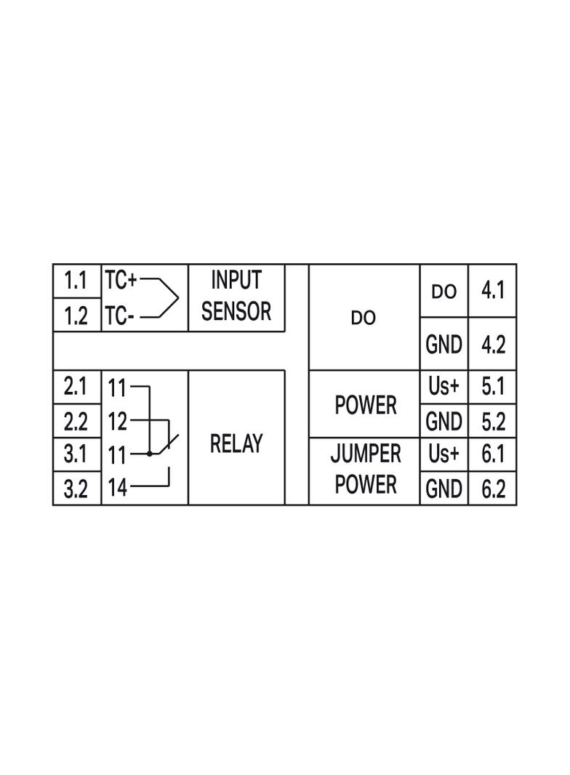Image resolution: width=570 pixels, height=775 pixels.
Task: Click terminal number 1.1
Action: pos(75,281)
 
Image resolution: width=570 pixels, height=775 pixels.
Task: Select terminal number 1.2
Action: pos(76,316)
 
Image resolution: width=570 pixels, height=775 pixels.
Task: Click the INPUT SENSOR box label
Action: pos(236,296)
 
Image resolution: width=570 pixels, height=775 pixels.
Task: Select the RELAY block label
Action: pos(236,443)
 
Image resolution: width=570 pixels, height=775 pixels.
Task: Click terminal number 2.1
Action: pos(75,386)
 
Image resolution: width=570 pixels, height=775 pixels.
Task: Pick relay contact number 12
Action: pos(118,421)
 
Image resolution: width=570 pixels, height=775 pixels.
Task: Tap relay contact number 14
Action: pos(118,487)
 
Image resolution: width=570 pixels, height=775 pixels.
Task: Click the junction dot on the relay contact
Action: pos(149,453)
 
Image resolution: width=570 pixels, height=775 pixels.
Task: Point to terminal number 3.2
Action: pos(76,489)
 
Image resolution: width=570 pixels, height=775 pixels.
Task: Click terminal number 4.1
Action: pos(493,290)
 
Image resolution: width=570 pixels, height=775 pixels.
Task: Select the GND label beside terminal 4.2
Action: pos(444,345)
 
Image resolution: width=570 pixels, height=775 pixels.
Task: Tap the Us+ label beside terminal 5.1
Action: pos(444,386)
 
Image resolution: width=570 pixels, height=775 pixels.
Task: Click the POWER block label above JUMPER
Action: pos(366,405)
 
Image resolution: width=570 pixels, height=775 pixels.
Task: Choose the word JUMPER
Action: pos(366,453)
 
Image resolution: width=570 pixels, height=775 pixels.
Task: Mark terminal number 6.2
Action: pos(494,489)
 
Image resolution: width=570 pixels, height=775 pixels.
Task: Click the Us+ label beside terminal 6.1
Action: pos(444,453)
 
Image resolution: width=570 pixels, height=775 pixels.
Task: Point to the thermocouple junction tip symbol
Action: pos(177,297)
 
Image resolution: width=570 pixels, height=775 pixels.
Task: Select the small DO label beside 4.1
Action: pos(444,292)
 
